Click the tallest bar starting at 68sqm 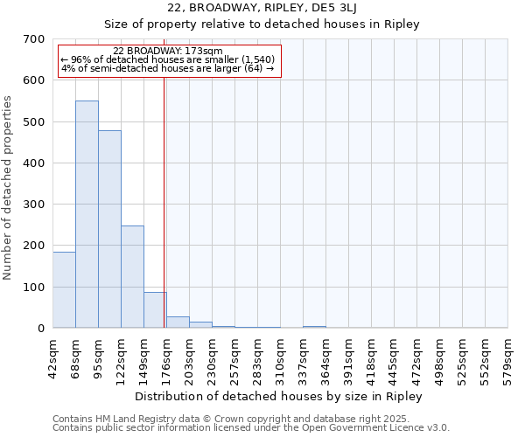pyautogui.click(x=87, y=214)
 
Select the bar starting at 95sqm pyautogui.click(x=109, y=229)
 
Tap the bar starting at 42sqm pyautogui.click(x=64, y=289)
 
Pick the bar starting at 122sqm pyautogui.click(x=132, y=276)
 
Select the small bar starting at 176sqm pyautogui.click(x=178, y=322)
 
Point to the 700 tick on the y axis pyautogui.click(x=34, y=39)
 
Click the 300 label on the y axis pyautogui.click(x=34, y=205)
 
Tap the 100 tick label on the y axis pyautogui.click(x=34, y=288)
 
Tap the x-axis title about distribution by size pyautogui.click(x=280, y=396)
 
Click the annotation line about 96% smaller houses pyautogui.click(x=168, y=59)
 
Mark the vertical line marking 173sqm pyautogui.click(x=164, y=201)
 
